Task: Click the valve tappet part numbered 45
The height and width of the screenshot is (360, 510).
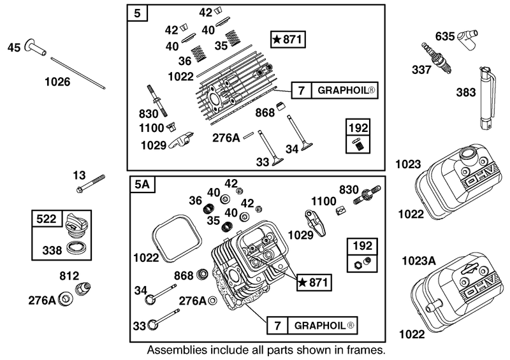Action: click(37, 48)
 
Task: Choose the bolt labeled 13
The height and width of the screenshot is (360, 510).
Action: click(91, 184)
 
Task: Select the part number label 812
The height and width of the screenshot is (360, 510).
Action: click(68, 276)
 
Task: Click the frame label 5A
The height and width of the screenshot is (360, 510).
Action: click(142, 185)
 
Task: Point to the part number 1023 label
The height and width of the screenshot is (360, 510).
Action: click(407, 164)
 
